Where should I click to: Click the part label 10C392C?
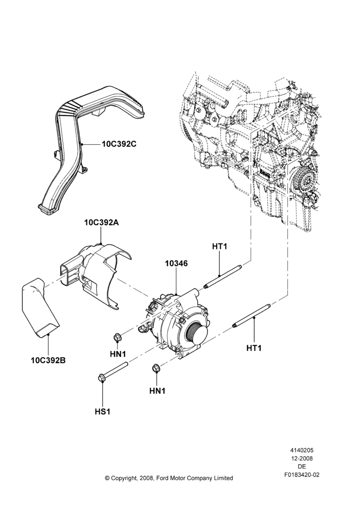[x=119, y=144]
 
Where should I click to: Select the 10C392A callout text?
[x=101, y=223]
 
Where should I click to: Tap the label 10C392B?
[x=48, y=360]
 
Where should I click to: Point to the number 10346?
[x=176, y=263]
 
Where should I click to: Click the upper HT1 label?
[x=220, y=246]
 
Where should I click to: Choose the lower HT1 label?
[x=254, y=348]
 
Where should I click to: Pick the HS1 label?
[x=103, y=412]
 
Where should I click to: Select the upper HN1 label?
[x=118, y=354]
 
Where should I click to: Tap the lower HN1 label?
[x=157, y=391]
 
